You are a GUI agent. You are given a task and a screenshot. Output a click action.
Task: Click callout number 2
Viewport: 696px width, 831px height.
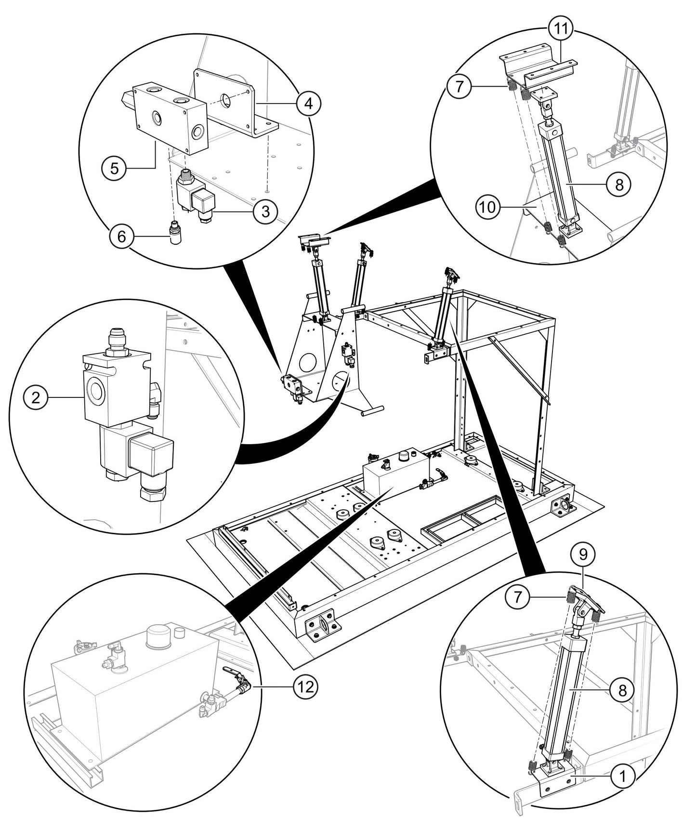[x=34, y=398]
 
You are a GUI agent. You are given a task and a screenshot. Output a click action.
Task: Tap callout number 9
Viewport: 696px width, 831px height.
[x=582, y=555]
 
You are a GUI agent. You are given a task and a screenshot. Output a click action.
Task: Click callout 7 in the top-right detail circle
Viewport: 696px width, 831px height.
[x=458, y=87]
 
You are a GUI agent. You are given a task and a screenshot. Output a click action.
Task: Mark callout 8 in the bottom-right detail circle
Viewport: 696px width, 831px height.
[x=622, y=691]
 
